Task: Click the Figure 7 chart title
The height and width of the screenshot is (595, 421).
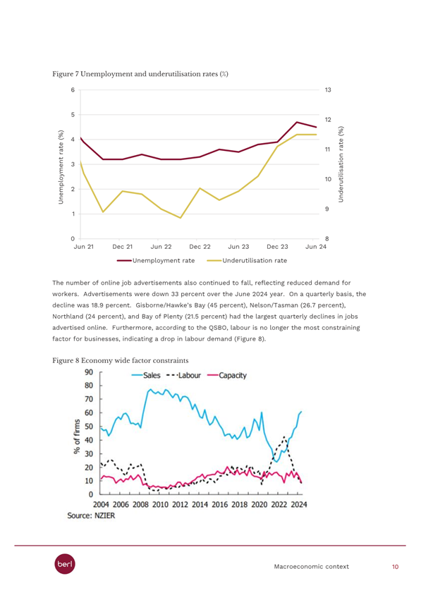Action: click(140, 74)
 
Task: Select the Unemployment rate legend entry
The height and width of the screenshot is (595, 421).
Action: click(156, 261)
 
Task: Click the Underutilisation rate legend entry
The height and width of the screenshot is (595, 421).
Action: click(247, 261)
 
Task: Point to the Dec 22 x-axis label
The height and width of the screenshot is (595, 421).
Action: click(200, 247)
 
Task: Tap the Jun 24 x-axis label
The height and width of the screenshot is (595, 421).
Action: click(316, 247)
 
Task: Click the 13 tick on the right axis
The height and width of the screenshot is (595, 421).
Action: click(328, 90)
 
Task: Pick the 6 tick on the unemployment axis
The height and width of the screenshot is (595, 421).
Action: click(73, 90)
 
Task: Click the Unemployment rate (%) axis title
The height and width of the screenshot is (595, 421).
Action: click(61, 167)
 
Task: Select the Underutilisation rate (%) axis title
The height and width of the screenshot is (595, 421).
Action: click(341, 164)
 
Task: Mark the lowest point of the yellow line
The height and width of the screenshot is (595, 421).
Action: click(181, 218)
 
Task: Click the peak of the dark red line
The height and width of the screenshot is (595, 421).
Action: click(296, 122)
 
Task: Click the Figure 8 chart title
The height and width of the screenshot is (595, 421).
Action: click(121, 360)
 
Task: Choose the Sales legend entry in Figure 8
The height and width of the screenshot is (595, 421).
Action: click(146, 375)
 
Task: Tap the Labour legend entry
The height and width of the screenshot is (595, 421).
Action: click(184, 375)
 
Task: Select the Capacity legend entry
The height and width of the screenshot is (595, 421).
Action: click(227, 375)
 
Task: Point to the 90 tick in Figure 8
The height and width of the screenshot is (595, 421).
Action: click(89, 372)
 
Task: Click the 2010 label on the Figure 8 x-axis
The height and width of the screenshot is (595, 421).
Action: click(160, 504)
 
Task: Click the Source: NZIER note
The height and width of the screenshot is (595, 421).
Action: click(91, 515)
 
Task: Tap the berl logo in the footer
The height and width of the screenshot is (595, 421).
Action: click(65, 564)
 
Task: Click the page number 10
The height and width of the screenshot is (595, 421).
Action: click(395, 567)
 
